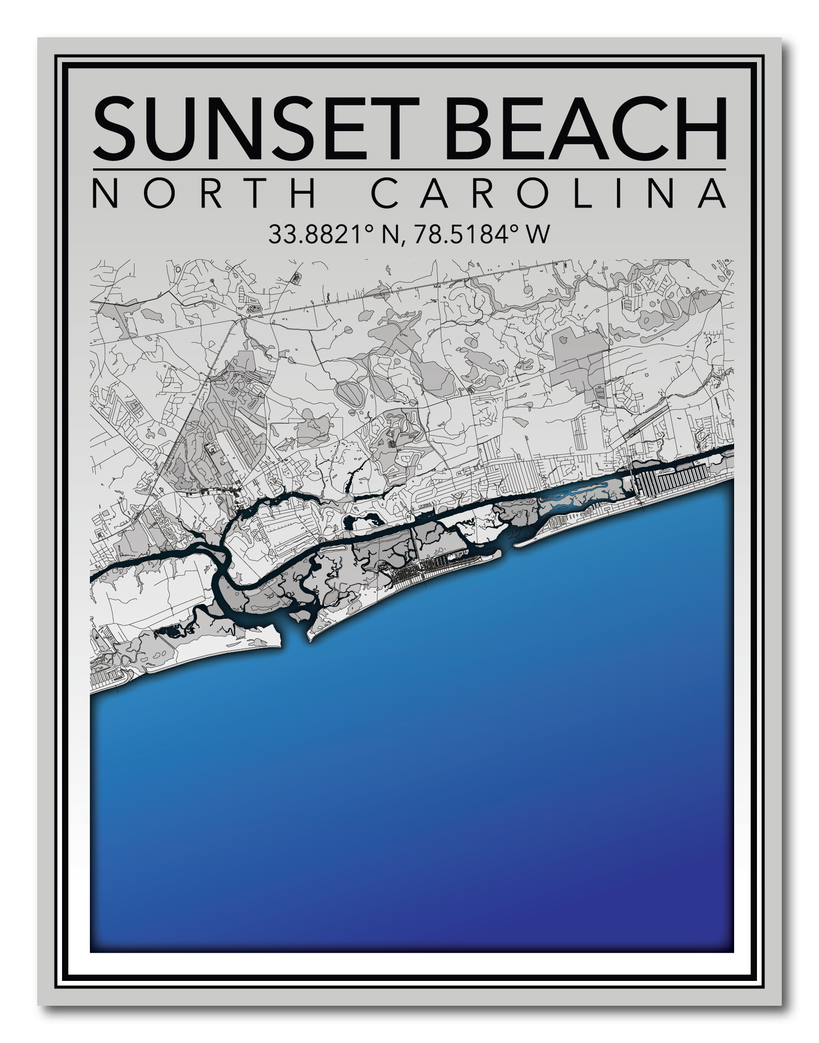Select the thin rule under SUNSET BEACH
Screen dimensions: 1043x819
click(409, 169)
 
